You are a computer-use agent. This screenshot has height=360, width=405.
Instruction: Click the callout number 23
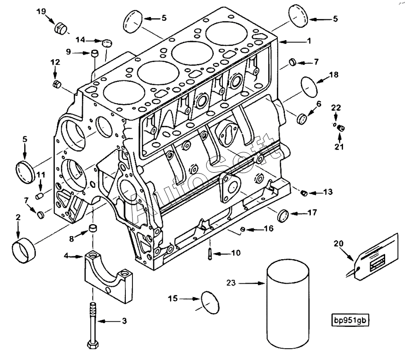pos(230,283)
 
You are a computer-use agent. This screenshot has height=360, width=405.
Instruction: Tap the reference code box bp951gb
pos(350,320)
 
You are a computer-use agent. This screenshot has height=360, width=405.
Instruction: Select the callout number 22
pos(335,108)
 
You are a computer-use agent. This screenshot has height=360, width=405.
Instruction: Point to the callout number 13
pos(328,192)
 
